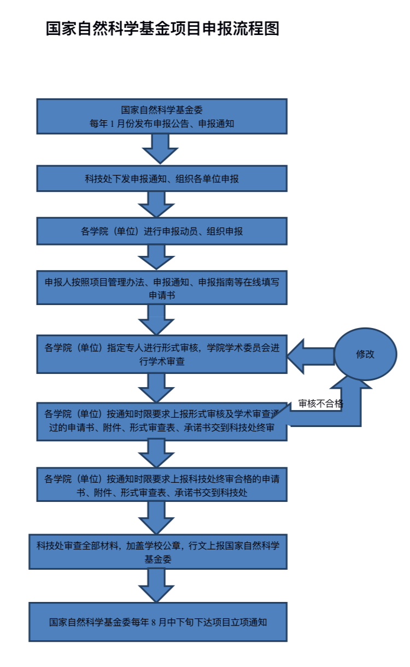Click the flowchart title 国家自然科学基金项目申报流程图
click(x=162, y=29)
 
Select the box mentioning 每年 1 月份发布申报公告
click(x=162, y=116)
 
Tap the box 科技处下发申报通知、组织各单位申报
click(x=162, y=179)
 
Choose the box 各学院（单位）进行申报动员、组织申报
click(x=162, y=231)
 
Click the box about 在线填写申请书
click(x=162, y=288)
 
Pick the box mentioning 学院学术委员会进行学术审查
click(x=162, y=354)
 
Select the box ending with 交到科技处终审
click(x=162, y=421)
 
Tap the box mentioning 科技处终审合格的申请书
click(x=162, y=484)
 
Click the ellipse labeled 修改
click(x=365, y=354)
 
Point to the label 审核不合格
click(x=320, y=404)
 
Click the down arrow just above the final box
click(x=156, y=585)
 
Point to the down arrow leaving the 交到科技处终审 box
click(x=156, y=453)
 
